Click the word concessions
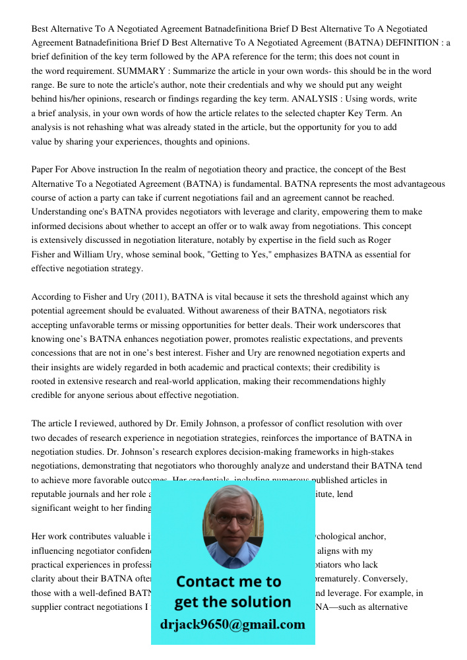[x=55, y=353]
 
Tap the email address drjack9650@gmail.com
[x=233, y=624]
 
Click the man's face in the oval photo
[x=232, y=521]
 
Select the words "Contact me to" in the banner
[x=229, y=581]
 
